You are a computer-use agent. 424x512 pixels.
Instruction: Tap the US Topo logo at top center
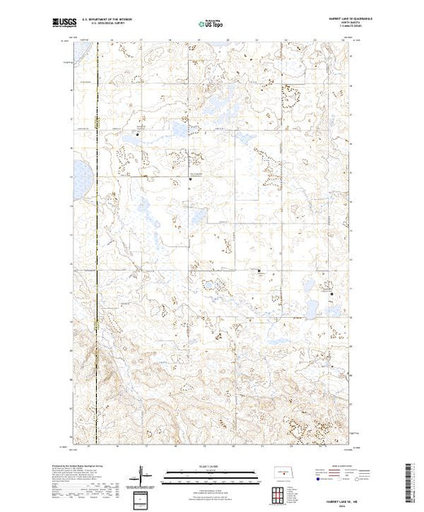pyautogui.click(x=212, y=24)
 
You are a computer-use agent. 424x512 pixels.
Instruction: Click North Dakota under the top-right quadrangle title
pyautogui.click(x=334, y=24)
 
